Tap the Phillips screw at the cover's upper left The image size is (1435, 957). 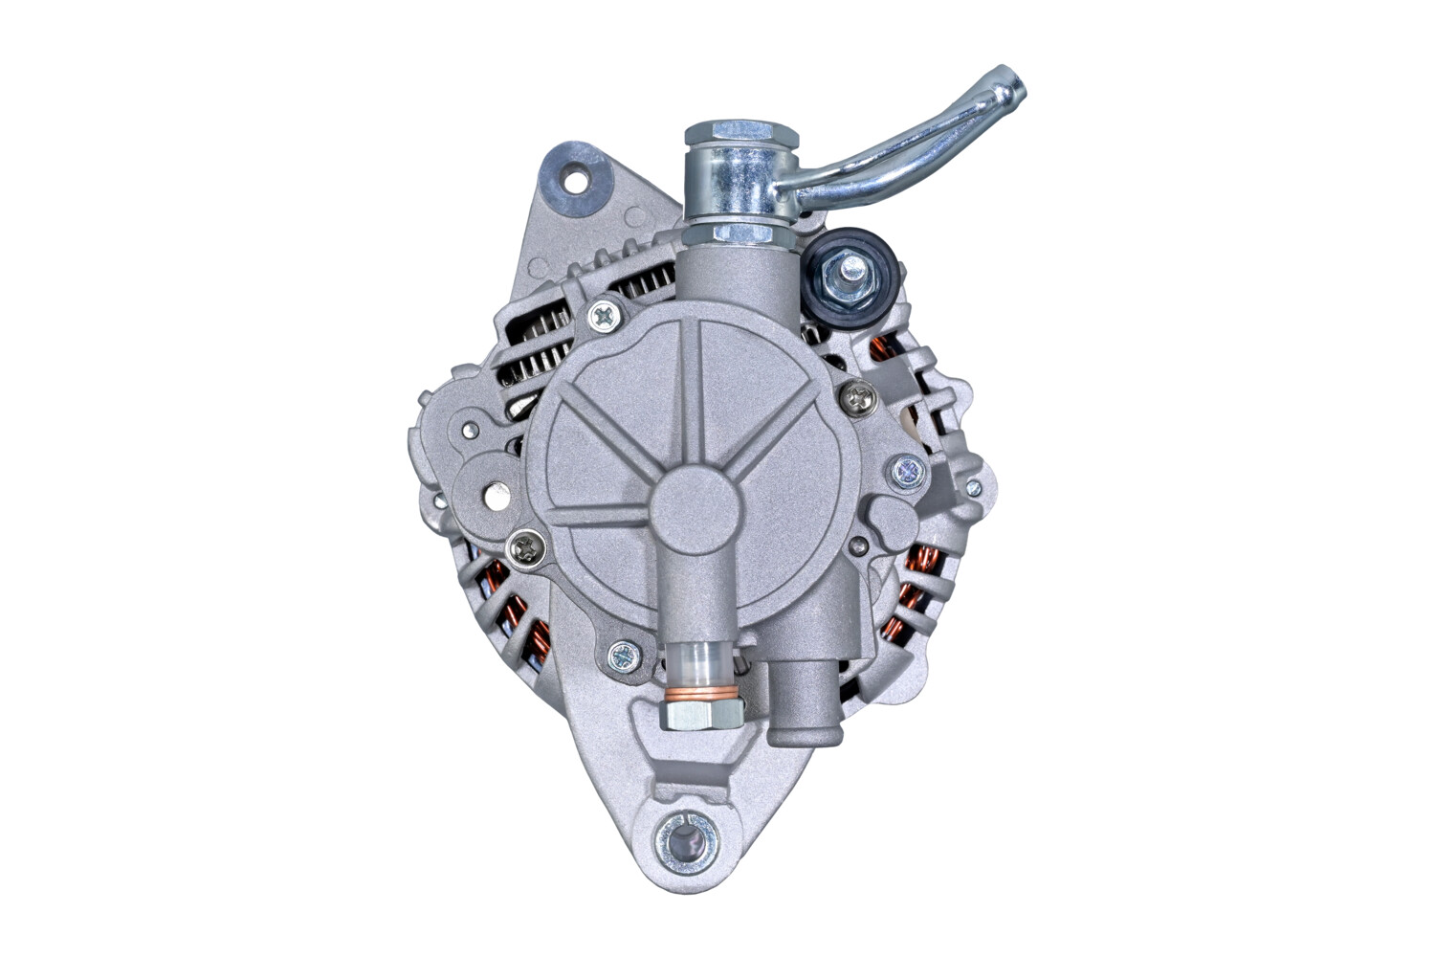coord(603,313)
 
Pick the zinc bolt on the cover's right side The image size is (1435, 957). coord(905,469)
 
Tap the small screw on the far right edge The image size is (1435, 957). coord(974,488)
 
